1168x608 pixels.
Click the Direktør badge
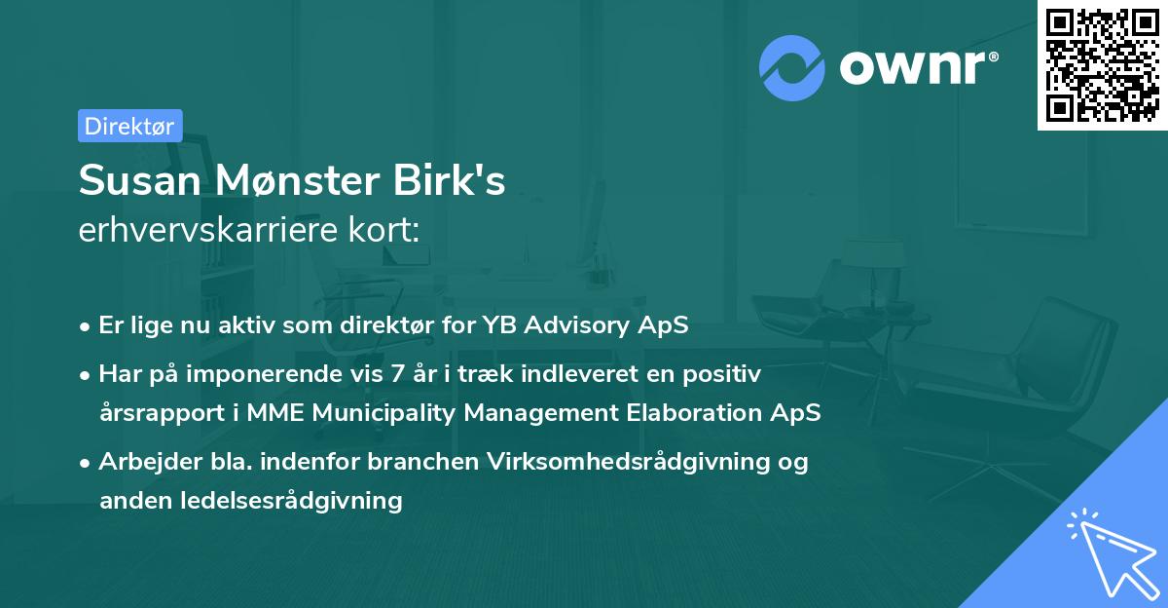tap(129, 126)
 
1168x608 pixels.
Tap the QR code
tap(1103, 64)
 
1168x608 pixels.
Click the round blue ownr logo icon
tap(792, 68)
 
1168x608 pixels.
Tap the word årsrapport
tap(161, 412)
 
